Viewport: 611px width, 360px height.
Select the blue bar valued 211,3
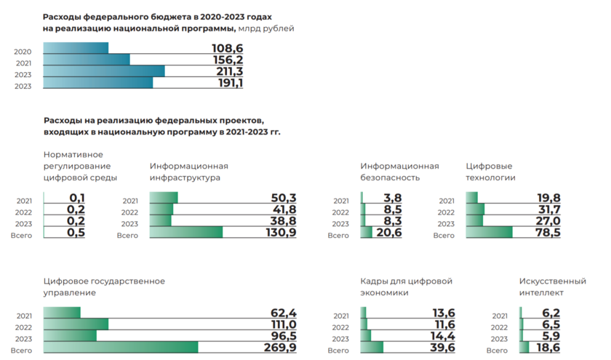pyautogui.click(x=104, y=71)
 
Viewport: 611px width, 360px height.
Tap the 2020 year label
pyautogui.click(x=23, y=52)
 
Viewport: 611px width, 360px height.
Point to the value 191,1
pyautogui.click(x=228, y=84)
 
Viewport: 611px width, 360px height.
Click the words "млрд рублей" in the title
pyautogui.click(x=266, y=28)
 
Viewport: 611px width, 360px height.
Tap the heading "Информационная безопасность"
pyautogui.click(x=399, y=172)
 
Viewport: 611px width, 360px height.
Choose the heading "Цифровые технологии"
pyautogui.click(x=490, y=172)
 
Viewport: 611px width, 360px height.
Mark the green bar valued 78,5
pyautogui.click(x=489, y=233)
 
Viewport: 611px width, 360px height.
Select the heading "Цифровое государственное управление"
pyautogui.click(x=104, y=287)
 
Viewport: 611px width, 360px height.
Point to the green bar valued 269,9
pyautogui.click(x=121, y=348)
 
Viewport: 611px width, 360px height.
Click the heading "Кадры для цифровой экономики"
pyautogui.click(x=407, y=287)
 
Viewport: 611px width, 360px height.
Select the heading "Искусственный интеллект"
pyautogui.click(x=552, y=287)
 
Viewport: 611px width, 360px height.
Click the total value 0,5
pyautogui.click(x=76, y=233)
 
